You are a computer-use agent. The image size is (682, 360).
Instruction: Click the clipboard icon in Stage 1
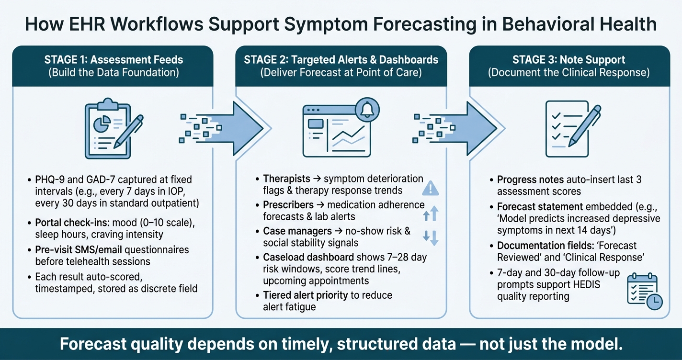[108, 128]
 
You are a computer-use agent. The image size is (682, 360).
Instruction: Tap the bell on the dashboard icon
[367, 110]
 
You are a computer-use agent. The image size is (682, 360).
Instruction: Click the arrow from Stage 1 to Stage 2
[222, 128]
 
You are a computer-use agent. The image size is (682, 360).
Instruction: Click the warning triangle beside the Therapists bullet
[431, 188]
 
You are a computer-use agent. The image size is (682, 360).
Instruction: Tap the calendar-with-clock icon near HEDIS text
[645, 291]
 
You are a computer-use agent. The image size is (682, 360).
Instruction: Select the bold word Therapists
[286, 179]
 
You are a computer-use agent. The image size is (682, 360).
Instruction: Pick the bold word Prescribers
[288, 205]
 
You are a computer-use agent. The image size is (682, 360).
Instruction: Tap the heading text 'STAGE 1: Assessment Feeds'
[114, 60]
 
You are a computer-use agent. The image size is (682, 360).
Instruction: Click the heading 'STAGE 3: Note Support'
[569, 60]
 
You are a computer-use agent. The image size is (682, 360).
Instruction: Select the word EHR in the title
[87, 24]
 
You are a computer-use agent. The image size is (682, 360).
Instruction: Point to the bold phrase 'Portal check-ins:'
[72, 223]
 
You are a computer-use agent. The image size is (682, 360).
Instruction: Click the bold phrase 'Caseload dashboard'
[308, 258]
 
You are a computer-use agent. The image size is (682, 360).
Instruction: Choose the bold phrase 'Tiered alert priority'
[306, 295]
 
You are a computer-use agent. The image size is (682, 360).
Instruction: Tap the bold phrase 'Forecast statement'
[540, 207]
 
